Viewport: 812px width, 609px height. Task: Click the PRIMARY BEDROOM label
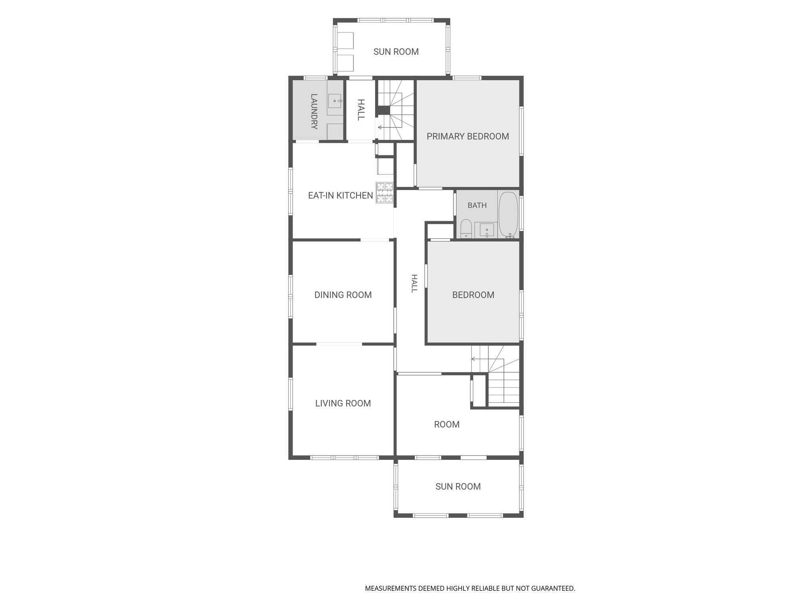click(468, 136)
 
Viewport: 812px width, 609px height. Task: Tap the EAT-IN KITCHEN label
click(341, 195)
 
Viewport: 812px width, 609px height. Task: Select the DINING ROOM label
click(343, 295)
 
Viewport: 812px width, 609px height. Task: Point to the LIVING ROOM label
click(343, 403)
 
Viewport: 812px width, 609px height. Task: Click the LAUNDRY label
click(314, 111)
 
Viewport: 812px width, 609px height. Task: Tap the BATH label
click(477, 205)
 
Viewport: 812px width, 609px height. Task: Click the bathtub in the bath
click(508, 214)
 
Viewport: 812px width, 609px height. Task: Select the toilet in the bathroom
click(466, 228)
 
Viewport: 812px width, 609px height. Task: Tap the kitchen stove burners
click(385, 193)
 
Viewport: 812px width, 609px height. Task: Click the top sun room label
click(396, 52)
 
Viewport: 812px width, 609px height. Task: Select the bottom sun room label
click(458, 486)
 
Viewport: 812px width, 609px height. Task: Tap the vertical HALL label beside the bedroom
click(414, 283)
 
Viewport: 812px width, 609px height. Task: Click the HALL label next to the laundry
click(361, 110)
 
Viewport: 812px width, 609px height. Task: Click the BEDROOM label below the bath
click(473, 295)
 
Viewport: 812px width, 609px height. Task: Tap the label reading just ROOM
click(447, 425)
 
